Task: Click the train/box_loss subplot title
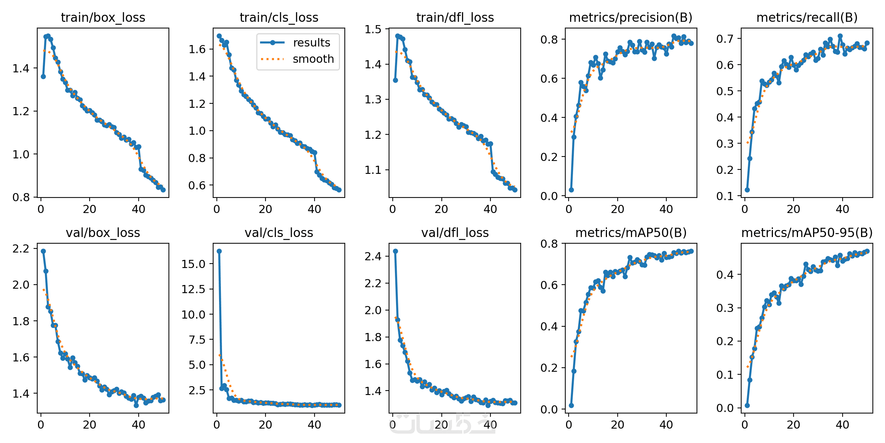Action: pyautogui.click(x=103, y=17)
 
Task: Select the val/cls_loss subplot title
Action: pyautogui.click(x=279, y=233)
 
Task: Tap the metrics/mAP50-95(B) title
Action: pyautogui.click(x=807, y=233)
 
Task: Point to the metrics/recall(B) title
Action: pyautogui.click(x=807, y=17)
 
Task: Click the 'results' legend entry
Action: pyautogui.click(x=312, y=43)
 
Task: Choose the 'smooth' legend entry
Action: pyautogui.click(x=313, y=59)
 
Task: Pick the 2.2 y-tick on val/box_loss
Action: pyautogui.click(x=21, y=249)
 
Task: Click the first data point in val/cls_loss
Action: pyautogui.click(x=219, y=251)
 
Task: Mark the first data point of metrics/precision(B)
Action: pyautogui.click(x=571, y=190)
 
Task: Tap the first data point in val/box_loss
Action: pyautogui.click(x=43, y=251)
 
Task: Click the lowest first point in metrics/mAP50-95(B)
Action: pyautogui.click(x=747, y=405)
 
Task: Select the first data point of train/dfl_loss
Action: pyautogui.click(x=395, y=80)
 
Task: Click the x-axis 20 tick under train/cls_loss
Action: pyautogui.click(x=265, y=209)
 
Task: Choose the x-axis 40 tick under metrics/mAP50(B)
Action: pyautogui.click(x=666, y=425)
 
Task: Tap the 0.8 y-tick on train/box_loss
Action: pyautogui.click(x=21, y=198)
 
